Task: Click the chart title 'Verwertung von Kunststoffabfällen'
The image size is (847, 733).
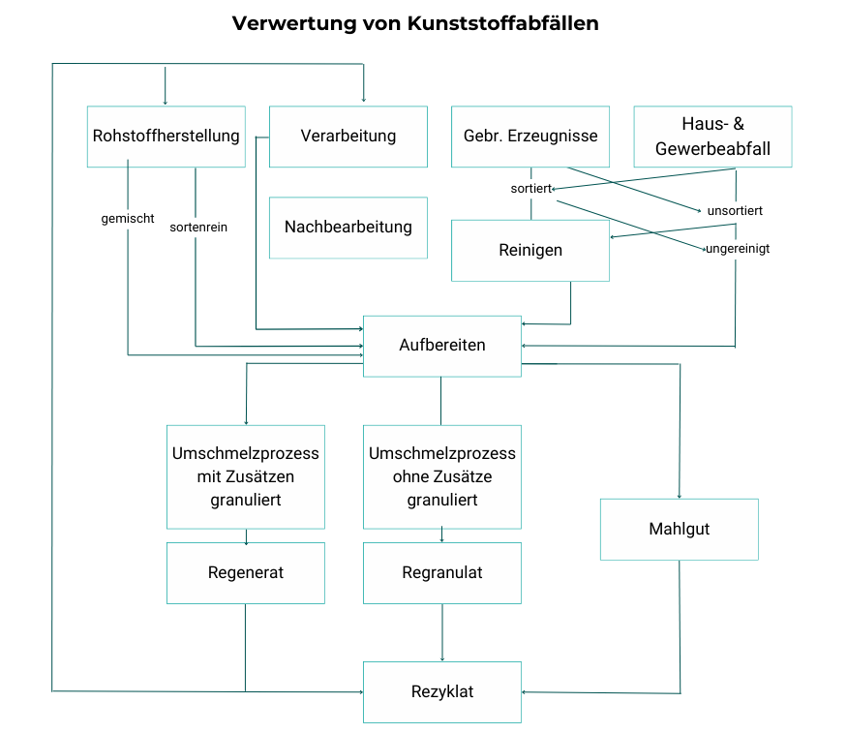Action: pyautogui.click(x=415, y=23)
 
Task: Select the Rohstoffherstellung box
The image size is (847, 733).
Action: pyautogui.click(x=166, y=137)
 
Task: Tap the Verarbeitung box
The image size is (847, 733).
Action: pyautogui.click(x=348, y=137)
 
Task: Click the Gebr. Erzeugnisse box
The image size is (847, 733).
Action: pyautogui.click(x=530, y=137)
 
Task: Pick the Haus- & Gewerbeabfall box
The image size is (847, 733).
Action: pyautogui.click(x=712, y=137)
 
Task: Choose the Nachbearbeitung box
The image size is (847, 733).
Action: pyautogui.click(x=348, y=228)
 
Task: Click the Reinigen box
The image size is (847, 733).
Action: pyautogui.click(x=530, y=251)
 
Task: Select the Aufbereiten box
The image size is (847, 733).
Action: pyautogui.click(x=442, y=346)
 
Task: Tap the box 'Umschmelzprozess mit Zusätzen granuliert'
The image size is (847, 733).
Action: pyautogui.click(x=246, y=476)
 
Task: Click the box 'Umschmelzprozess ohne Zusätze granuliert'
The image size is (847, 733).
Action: pyautogui.click(x=442, y=476)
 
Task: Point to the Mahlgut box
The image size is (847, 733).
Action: pyautogui.click(x=679, y=530)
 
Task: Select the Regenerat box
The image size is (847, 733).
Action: pyautogui.click(x=246, y=573)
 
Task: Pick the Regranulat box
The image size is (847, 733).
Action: pyautogui.click(x=442, y=573)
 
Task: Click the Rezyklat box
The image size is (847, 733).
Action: pyautogui.click(x=442, y=692)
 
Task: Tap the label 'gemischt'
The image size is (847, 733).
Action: pyautogui.click(x=128, y=219)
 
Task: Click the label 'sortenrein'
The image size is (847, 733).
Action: pyautogui.click(x=198, y=228)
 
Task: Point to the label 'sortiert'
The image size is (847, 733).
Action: pyautogui.click(x=530, y=189)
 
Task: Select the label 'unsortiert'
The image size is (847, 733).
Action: pyautogui.click(x=735, y=210)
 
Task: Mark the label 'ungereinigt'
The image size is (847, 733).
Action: pyautogui.click(x=738, y=249)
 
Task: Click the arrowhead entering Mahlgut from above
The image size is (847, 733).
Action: pyautogui.click(x=681, y=495)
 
